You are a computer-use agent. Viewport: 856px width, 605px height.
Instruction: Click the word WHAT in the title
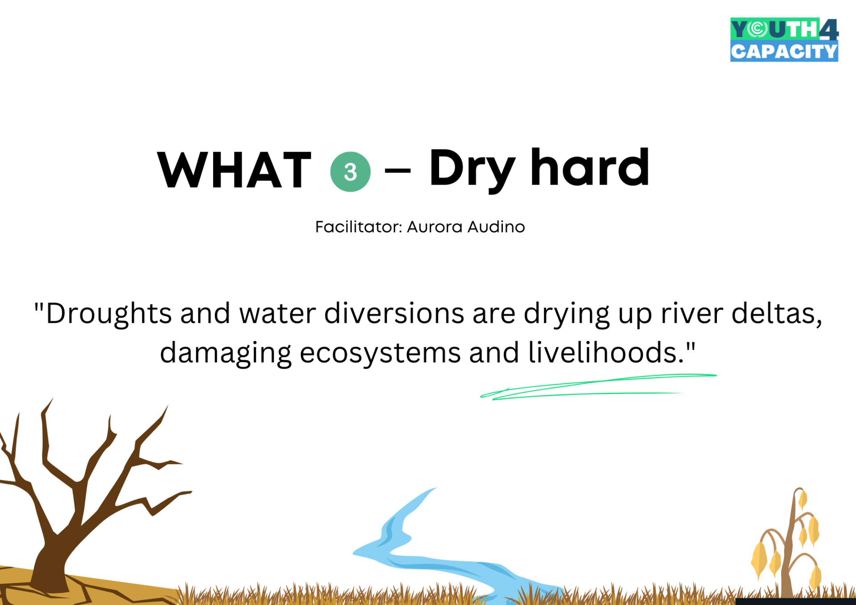pos(235,170)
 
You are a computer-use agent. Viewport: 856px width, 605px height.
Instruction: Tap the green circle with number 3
pos(350,172)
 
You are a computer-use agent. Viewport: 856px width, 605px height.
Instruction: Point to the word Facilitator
pos(359,227)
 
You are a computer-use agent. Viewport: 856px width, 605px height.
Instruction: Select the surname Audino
pos(496,227)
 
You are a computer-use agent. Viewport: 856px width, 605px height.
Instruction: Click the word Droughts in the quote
pos(109,314)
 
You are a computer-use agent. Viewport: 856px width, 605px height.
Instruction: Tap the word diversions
pos(395,313)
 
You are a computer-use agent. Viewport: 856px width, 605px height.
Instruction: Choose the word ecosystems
pos(380,354)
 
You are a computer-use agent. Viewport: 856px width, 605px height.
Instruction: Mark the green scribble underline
pos(597,387)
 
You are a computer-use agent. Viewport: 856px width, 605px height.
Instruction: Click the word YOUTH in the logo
pos(775,29)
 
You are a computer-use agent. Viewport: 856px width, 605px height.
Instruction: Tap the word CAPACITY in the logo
pos(784,51)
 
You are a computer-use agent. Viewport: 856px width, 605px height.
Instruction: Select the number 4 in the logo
pos(829,29)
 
